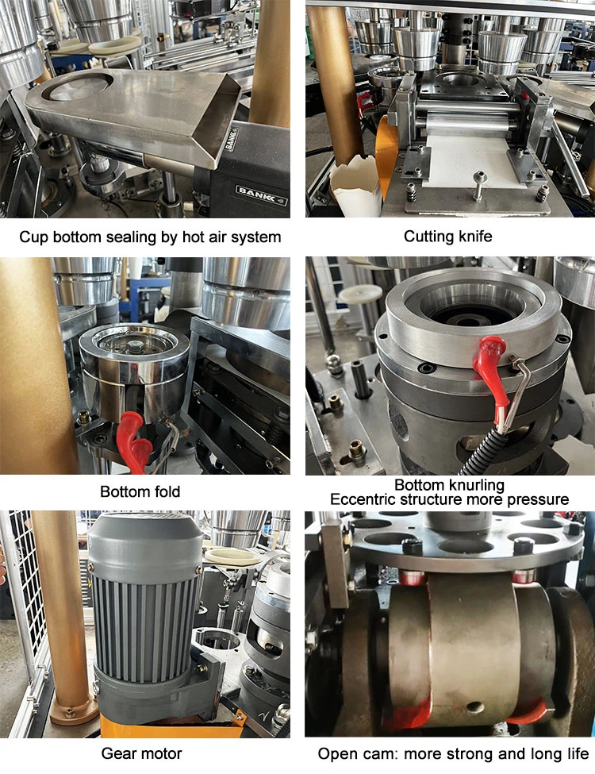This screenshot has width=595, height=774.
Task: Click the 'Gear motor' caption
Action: (x=141, y=754)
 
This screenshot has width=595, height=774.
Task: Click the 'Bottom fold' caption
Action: (x=140, y=491)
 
